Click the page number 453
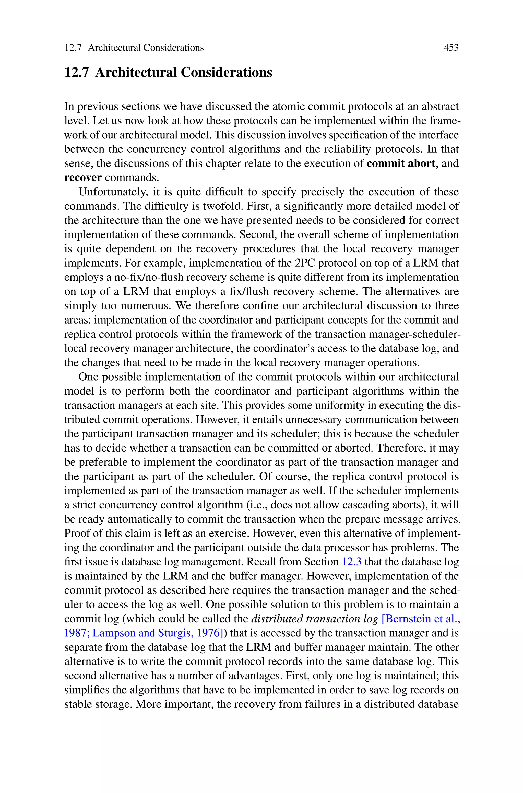[451, 48]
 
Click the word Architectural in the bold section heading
[136, 72]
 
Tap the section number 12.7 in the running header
[73, 48]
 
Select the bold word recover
[83, 177]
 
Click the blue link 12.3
[352, 562]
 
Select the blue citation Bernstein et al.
[421, 619]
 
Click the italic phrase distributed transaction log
[314, 619]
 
